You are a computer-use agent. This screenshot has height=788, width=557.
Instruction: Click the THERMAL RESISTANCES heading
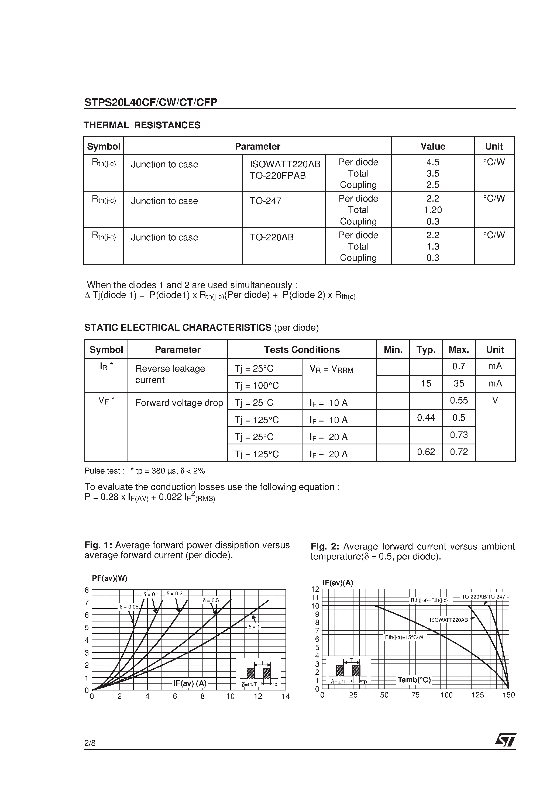142,125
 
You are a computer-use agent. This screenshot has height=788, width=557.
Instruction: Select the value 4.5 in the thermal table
433,162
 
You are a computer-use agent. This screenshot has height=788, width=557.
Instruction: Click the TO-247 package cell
266,201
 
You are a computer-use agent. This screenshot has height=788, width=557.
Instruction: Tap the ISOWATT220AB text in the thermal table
285,164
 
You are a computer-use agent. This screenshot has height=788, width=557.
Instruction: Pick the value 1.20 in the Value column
433,210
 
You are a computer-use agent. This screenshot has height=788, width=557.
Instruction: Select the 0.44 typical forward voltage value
425,418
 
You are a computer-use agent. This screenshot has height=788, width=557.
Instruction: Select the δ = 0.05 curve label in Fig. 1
129,607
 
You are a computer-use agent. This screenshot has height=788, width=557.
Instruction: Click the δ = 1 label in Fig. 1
254,627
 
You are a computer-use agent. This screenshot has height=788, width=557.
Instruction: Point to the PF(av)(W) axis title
109,578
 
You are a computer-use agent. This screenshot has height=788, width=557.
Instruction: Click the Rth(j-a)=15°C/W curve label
404,637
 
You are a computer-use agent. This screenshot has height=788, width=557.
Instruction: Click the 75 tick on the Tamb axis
415,695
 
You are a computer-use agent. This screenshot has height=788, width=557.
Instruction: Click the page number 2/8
90,743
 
